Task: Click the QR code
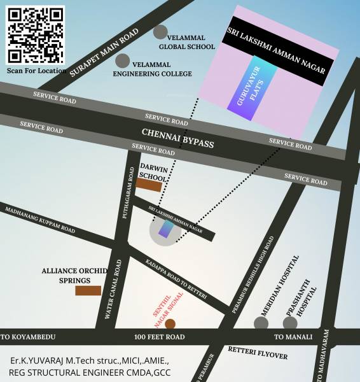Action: coord(36,34)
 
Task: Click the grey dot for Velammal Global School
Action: coord(161,32)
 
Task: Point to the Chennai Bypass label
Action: coord(177,138)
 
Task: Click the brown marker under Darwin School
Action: coord(149,185)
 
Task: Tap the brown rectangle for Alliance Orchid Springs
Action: coord(88,290)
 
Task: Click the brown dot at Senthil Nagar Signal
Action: coord(170,323)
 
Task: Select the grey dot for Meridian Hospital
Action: coord(261,323)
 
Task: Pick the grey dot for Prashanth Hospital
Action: coord(290,323)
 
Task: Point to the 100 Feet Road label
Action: coord(159,337)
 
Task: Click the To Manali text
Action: coord(293,337)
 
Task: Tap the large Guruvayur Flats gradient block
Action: coord(252,92)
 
